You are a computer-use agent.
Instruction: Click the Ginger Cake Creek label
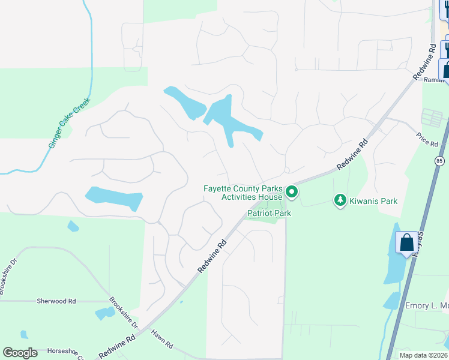click(69, 124)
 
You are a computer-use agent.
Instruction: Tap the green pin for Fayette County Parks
click(292, 192)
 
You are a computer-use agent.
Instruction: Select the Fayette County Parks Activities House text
click(243, 193)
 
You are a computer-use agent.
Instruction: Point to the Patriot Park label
click(269, 213)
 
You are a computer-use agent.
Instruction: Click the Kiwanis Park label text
click(373, 201)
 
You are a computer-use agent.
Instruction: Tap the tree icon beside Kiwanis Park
click(340, 200)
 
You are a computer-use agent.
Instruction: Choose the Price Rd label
click(427, 140)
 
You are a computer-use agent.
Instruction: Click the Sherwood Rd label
click(56, 301)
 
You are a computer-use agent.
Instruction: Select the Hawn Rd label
click(161, 340)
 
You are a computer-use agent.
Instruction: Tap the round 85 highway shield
click(440, 161)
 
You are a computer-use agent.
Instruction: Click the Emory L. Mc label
click(426, 305)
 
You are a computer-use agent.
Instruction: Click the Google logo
click(20, 353)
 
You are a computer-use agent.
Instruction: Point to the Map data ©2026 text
click(423, 355)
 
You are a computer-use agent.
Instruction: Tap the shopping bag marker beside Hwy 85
click(406, 243)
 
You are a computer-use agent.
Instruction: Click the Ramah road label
click(433, 79)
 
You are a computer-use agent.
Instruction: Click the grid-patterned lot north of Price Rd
click(432, 118)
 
